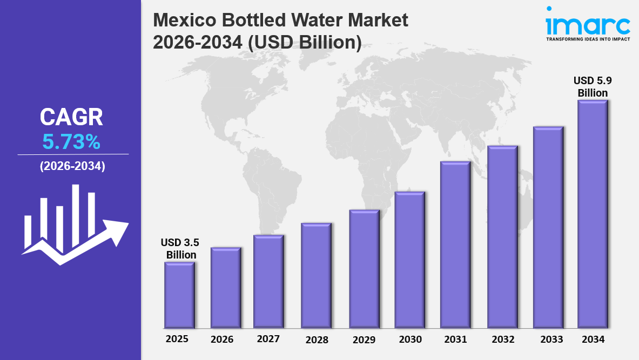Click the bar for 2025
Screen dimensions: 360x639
click(179, 295)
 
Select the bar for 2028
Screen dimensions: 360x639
click(316, 275)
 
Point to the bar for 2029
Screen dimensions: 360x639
click(364, 269)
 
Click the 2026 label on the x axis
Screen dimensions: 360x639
click(222, 339)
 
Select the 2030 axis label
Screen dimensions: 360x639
click(410, 339)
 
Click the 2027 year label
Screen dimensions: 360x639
click(268, 339)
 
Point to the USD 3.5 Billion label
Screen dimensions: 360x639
click(179, 248)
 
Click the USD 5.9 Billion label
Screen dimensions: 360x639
click(593, 86)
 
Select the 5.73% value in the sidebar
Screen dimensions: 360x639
click(71, 142)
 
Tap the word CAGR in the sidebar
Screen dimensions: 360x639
click(71, 117)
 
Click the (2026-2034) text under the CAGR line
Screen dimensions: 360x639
click(72, 166)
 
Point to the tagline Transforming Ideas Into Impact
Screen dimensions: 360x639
click(588, 39)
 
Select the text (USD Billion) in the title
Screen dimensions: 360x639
click(304, 42)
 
